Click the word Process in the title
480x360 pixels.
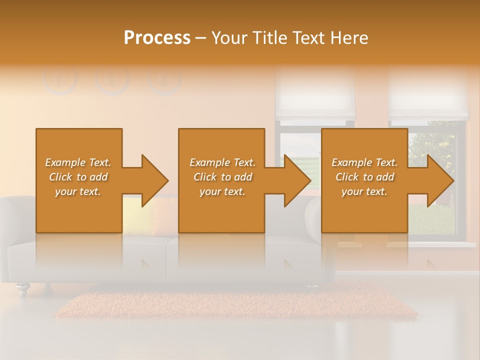click(157, 38)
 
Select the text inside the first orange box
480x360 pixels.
click(78, 177)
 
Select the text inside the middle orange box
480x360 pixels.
click(222, 177)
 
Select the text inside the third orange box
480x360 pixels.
click(364, 177)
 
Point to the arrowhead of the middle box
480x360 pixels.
click(297, 180)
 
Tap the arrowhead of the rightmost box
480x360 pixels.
click(440, 180)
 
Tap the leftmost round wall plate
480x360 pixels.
click(60, 79)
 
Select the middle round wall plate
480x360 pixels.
click(112, 79)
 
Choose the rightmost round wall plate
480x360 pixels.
click(164, 79)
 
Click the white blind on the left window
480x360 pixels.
click(315, 95)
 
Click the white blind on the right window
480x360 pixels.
click(429, 95)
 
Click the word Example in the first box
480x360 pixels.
click(64, 162)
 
